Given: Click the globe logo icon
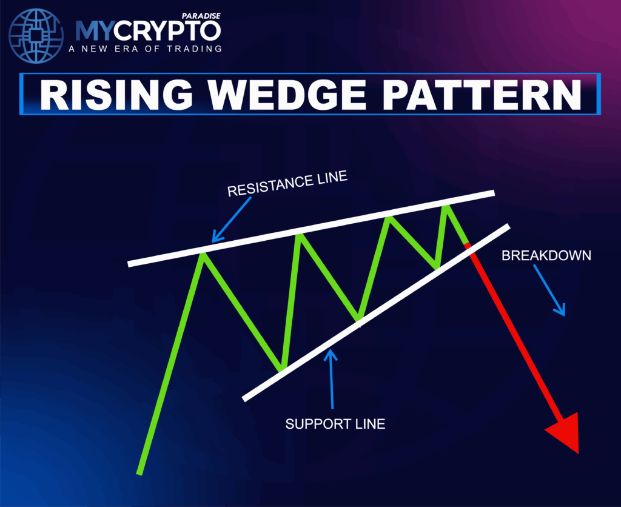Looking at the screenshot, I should pos(37,37).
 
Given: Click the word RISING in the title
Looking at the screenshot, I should pos(115,94).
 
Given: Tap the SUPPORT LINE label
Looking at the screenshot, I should pos(335,424).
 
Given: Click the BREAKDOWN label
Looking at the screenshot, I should pos(546,255).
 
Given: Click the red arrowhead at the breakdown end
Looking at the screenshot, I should pos(565,432).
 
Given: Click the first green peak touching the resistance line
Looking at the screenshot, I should pos(203,254).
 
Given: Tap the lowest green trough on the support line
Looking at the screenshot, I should pos(282,368).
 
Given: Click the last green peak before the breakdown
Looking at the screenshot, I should pos(448,207).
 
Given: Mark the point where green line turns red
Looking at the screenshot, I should pos(468,244).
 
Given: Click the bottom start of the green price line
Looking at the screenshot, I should pos(140,472).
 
